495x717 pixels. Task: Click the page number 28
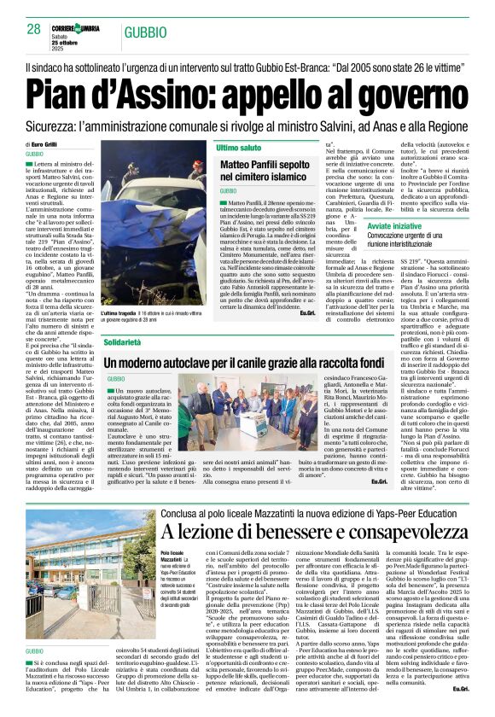click(x=34, y=29)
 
